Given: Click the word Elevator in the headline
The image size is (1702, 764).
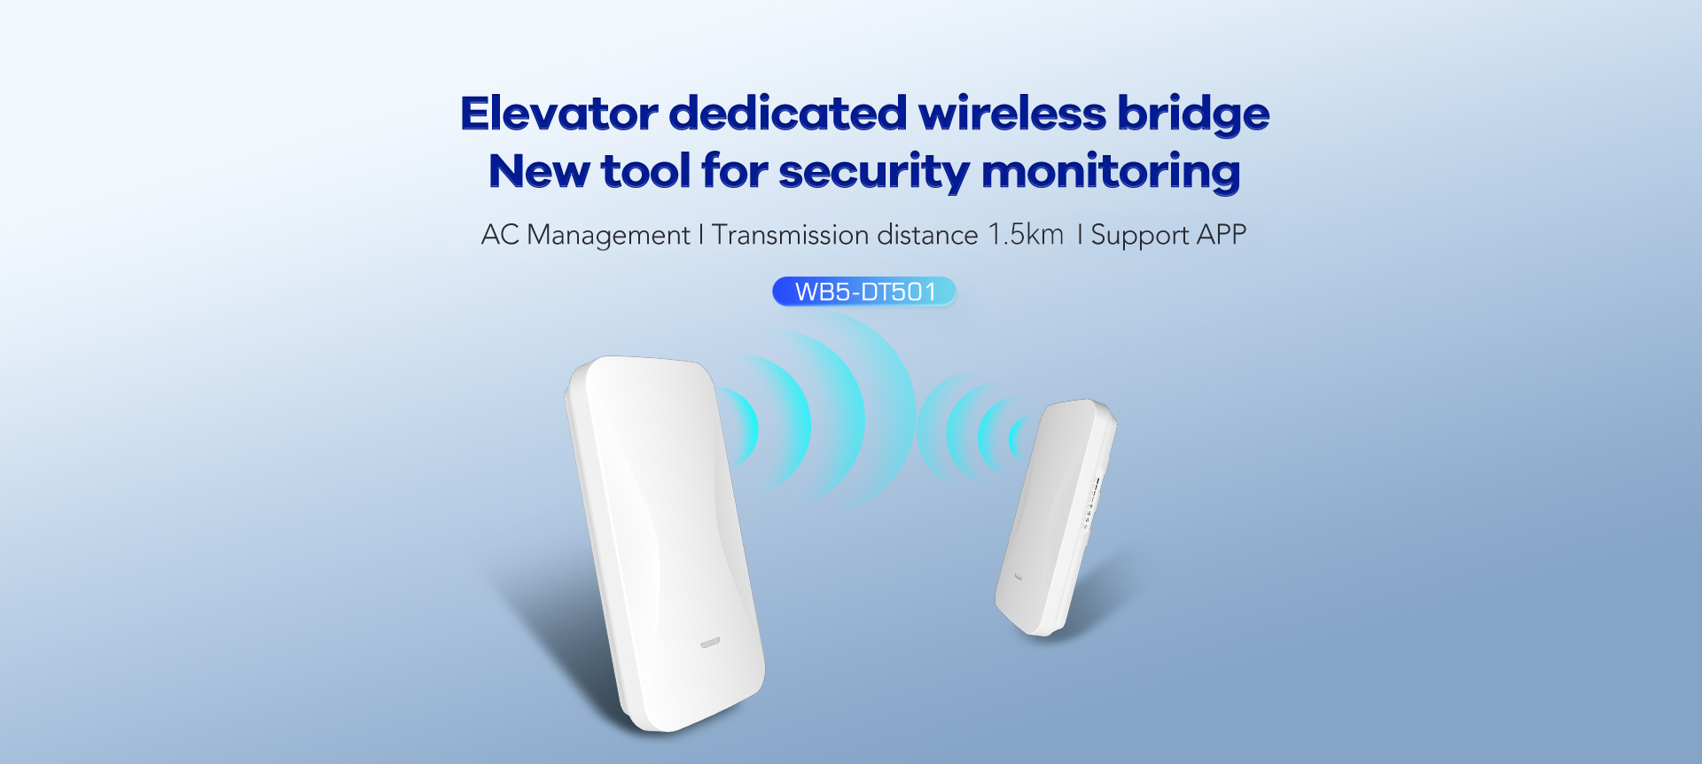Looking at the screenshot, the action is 559,113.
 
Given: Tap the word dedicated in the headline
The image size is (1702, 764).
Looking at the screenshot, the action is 788,113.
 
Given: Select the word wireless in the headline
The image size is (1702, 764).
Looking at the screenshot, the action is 1012,113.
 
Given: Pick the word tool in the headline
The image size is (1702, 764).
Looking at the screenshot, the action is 646,170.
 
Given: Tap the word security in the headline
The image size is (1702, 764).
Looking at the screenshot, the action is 874,173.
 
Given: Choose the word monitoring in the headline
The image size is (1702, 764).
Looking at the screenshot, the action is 1112,173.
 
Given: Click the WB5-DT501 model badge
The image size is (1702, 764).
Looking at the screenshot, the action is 864,292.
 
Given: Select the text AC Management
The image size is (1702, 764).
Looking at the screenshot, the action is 585,235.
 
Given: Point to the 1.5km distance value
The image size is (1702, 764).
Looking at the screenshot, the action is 1026,234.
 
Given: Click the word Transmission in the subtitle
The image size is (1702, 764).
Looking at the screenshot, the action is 791,235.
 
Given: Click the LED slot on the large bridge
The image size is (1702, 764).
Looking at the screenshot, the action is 710,643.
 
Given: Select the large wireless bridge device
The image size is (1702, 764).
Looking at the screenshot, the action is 665,543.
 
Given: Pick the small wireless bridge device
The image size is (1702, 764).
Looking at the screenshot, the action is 1056,518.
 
